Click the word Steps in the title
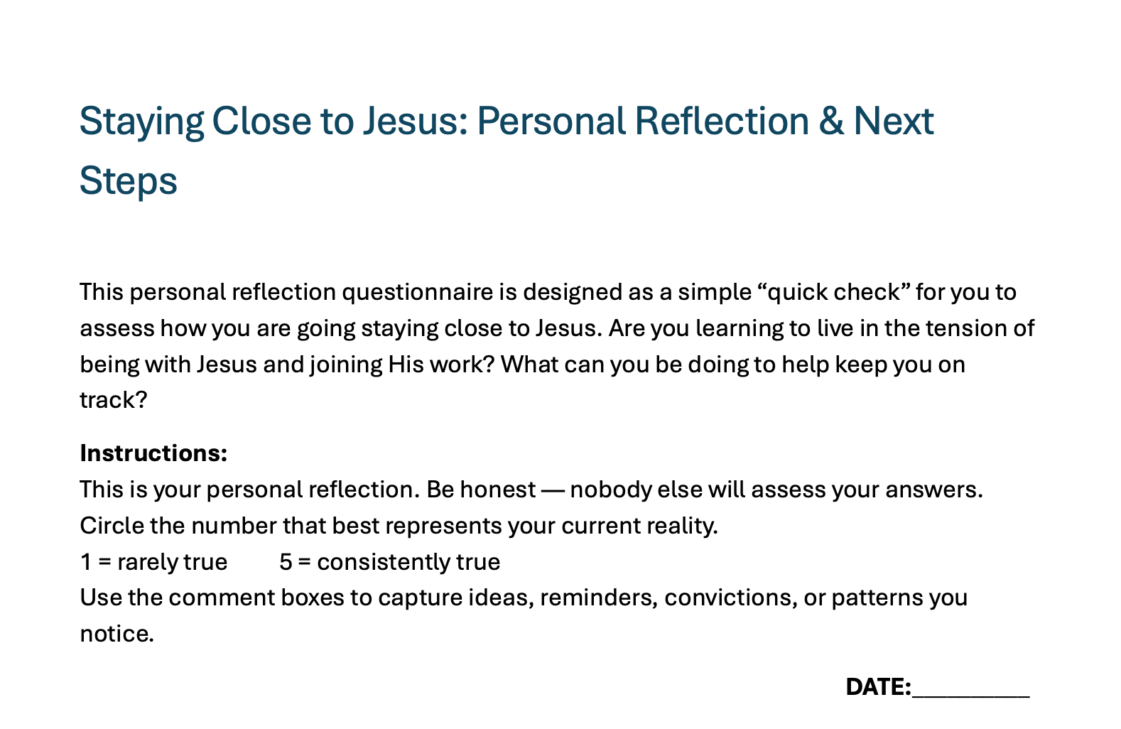pos(128,182)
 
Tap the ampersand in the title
pos(830,121)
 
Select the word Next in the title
pos(894,121)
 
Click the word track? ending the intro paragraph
pos(114,400)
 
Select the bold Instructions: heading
pos(153,453)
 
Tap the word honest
pos(498,490)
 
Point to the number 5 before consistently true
pos(286,562)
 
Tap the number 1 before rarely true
pos(86,562)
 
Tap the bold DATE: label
pos(879,687)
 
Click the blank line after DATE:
pos(971,696)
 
